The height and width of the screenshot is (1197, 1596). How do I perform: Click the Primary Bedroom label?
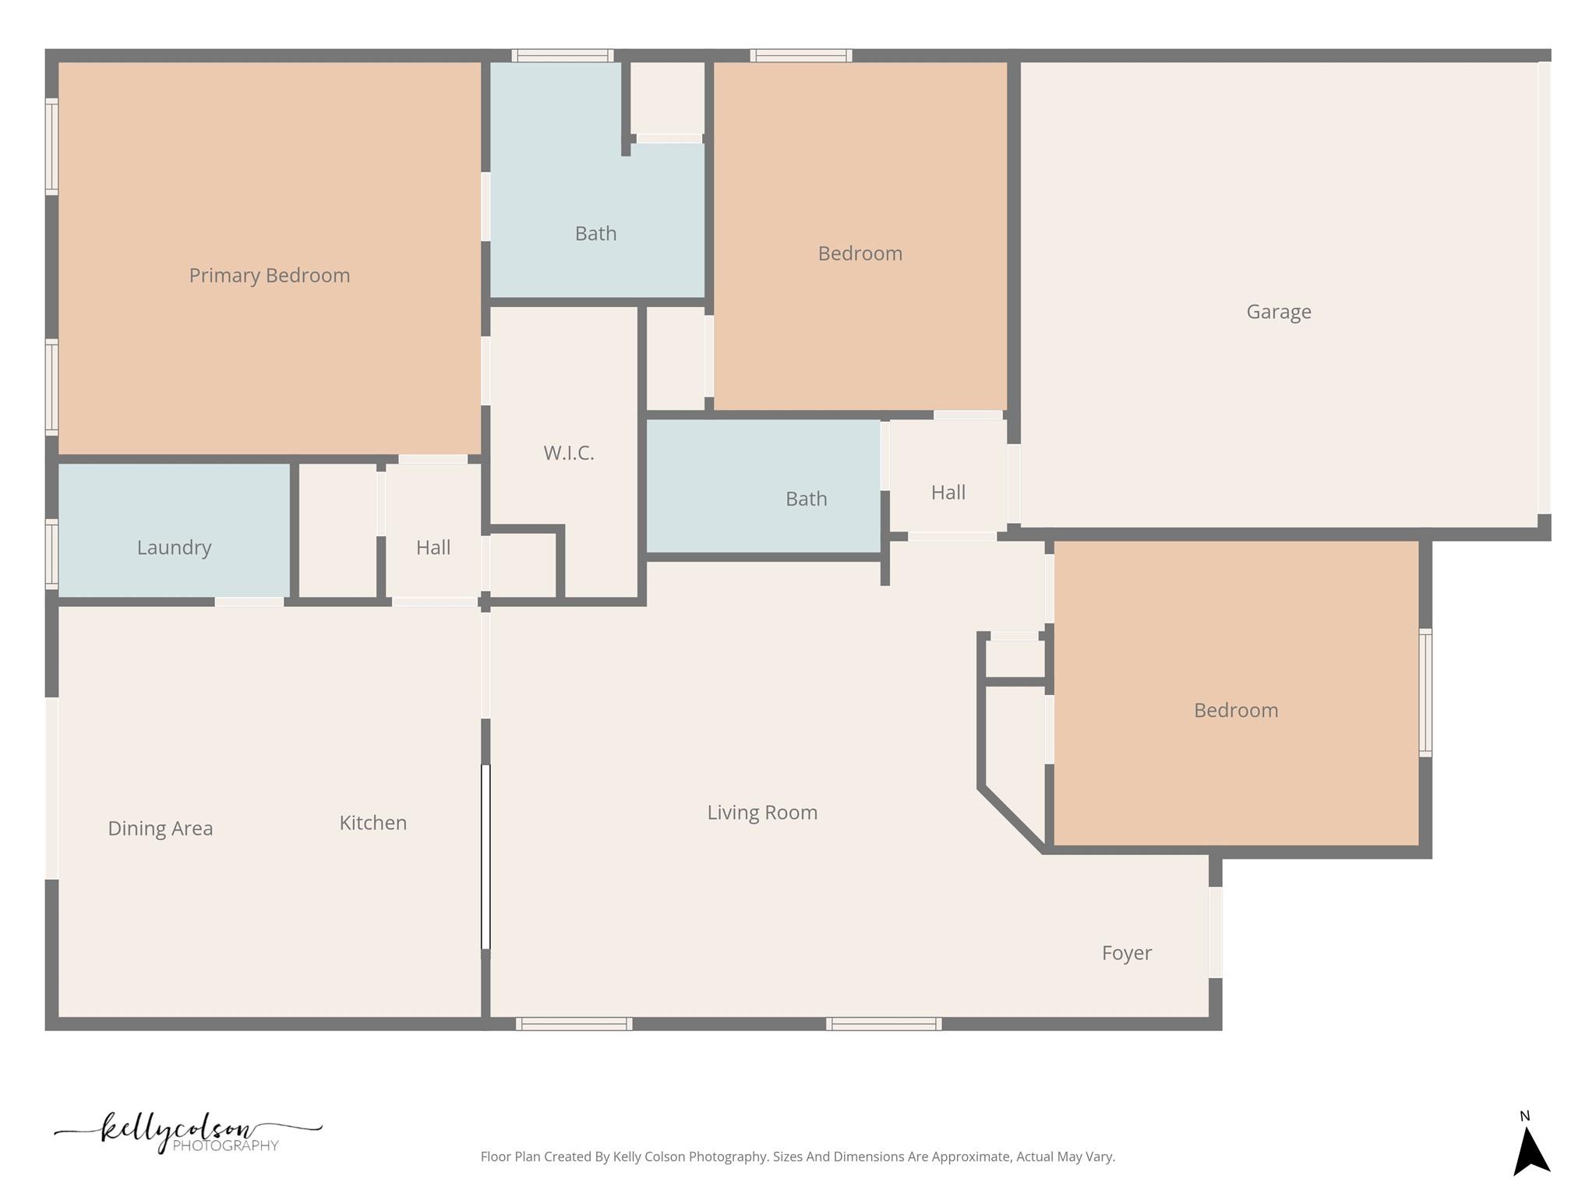coord(270,275)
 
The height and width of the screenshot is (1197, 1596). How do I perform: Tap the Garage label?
coord(1278,312)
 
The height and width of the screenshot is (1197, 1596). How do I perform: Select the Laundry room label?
coord(174,547)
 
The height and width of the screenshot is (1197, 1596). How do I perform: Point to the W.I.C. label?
coord(568,453)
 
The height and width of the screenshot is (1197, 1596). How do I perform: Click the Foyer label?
coord(1126,952)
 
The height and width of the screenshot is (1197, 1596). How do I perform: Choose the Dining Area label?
coord(160,828)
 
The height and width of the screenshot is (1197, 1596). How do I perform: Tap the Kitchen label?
coord(373,822)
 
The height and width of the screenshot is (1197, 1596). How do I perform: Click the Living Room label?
coord(761,812)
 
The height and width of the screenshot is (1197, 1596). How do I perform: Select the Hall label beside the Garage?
coord(948,492)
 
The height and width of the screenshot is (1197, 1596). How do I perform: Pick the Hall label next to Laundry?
coord(433,547)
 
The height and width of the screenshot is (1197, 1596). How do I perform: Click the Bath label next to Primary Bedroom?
coord(595,233)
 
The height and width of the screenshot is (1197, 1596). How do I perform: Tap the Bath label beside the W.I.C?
coord(806,498)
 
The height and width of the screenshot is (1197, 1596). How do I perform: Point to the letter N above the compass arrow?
coord(1524,1116)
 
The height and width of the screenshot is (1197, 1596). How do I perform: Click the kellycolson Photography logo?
coord(187,1133)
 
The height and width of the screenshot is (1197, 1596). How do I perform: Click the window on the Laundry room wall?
coord(51,553)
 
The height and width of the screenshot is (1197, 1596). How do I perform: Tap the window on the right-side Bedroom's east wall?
coord(1425,692)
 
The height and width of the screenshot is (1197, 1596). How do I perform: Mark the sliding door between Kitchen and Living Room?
coord(486,856)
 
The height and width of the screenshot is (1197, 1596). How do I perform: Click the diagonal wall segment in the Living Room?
coord(1012,820)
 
